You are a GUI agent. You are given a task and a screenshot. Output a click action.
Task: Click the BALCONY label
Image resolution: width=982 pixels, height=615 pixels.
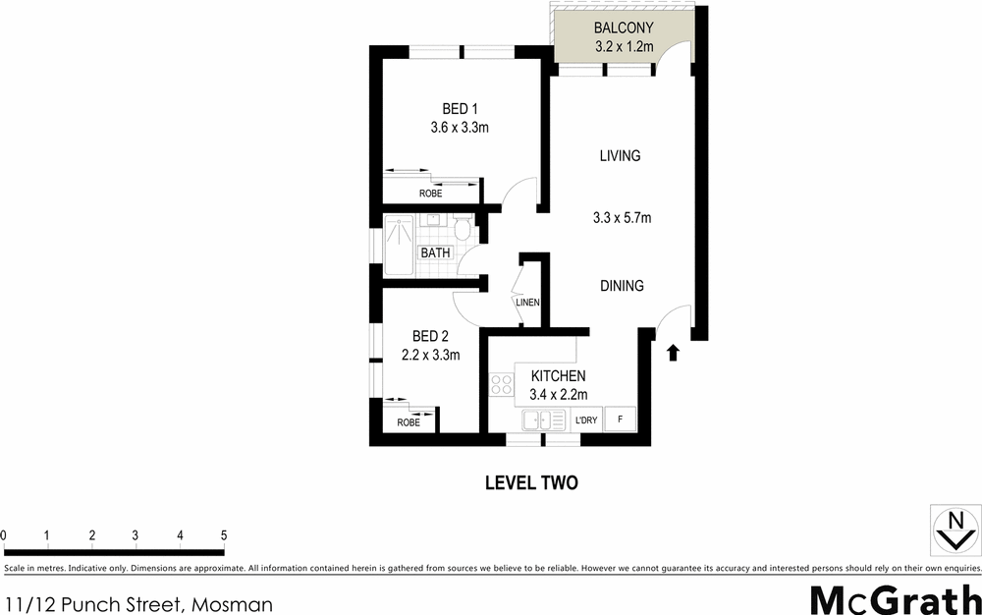pos(624,28)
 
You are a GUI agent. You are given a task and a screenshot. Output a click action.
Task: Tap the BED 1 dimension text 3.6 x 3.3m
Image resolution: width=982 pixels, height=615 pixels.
pos(460,127)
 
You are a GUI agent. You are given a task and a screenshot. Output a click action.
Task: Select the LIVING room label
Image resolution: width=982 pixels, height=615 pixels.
pos(620,155)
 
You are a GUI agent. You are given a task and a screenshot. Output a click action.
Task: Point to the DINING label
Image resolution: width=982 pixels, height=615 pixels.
pos(622,286)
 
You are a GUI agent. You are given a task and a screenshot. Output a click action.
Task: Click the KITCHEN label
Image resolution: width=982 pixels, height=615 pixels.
pos(558,375)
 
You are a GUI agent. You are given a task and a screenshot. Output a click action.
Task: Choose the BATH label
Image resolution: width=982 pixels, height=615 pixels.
pos(435,252)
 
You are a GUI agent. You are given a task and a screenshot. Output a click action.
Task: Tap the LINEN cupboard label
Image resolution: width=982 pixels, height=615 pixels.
pos(528,303)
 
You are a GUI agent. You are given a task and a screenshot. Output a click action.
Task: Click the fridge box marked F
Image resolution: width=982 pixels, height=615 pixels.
pos(619,419)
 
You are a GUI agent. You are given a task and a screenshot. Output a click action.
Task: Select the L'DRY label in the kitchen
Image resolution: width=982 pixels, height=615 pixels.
pos(586,420)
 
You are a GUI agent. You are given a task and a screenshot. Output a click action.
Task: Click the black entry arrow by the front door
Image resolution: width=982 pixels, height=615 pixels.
pos(674,352)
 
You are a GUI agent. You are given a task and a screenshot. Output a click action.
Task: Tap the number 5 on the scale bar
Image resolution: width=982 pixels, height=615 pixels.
pos(225,535)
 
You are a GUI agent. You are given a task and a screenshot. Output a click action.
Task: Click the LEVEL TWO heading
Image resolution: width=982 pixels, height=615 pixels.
pos(531,482)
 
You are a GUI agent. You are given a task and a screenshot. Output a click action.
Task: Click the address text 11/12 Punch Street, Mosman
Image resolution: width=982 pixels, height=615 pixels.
pos(138,604)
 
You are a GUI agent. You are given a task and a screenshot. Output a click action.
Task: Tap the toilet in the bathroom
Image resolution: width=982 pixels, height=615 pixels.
pos(462,229)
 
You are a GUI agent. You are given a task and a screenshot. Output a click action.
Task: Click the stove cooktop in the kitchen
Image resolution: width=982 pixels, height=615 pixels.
pos(502,386)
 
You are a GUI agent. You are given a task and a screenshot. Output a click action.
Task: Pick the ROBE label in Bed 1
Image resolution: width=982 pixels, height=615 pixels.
pos(430,194)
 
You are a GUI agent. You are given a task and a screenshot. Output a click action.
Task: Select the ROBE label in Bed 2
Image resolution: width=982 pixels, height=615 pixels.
pos(409,422)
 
